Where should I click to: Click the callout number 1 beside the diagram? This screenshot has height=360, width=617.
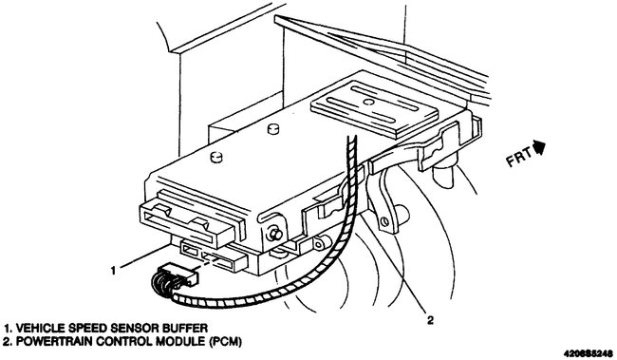[x=113, y=270]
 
